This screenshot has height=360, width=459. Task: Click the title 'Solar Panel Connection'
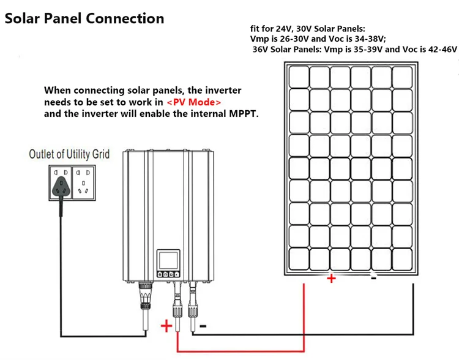[84, 18]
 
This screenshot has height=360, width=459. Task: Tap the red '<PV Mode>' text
[194, 102]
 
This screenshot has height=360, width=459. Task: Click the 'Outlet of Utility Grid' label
[69, 154]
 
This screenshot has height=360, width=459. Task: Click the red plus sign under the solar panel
[331, 279]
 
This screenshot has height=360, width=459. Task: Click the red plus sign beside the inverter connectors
[166, 326]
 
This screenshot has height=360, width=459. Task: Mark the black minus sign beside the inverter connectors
[203, 326]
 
